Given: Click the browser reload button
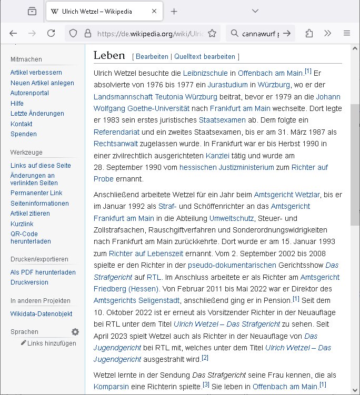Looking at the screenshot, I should pos(51,33).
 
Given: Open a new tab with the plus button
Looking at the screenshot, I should pos(174,11).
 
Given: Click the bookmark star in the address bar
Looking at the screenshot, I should pos(212,33).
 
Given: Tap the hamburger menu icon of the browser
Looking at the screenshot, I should pos(347,33).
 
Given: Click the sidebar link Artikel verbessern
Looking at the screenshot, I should pos(36,73).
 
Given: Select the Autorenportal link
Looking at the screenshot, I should pos(30,93).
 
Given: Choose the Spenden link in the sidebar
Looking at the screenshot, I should pos(24,134).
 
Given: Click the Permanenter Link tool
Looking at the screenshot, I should pos(36,193).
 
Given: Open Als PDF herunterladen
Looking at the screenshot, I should pos(43,272).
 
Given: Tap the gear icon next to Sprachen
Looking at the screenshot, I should pos(75,332).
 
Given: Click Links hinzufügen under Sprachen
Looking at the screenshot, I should pos(51,343).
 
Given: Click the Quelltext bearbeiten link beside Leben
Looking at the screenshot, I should pos(205,56).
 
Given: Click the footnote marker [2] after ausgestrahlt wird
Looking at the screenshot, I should pos(205,358).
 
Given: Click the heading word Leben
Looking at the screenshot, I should pos(109,55).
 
